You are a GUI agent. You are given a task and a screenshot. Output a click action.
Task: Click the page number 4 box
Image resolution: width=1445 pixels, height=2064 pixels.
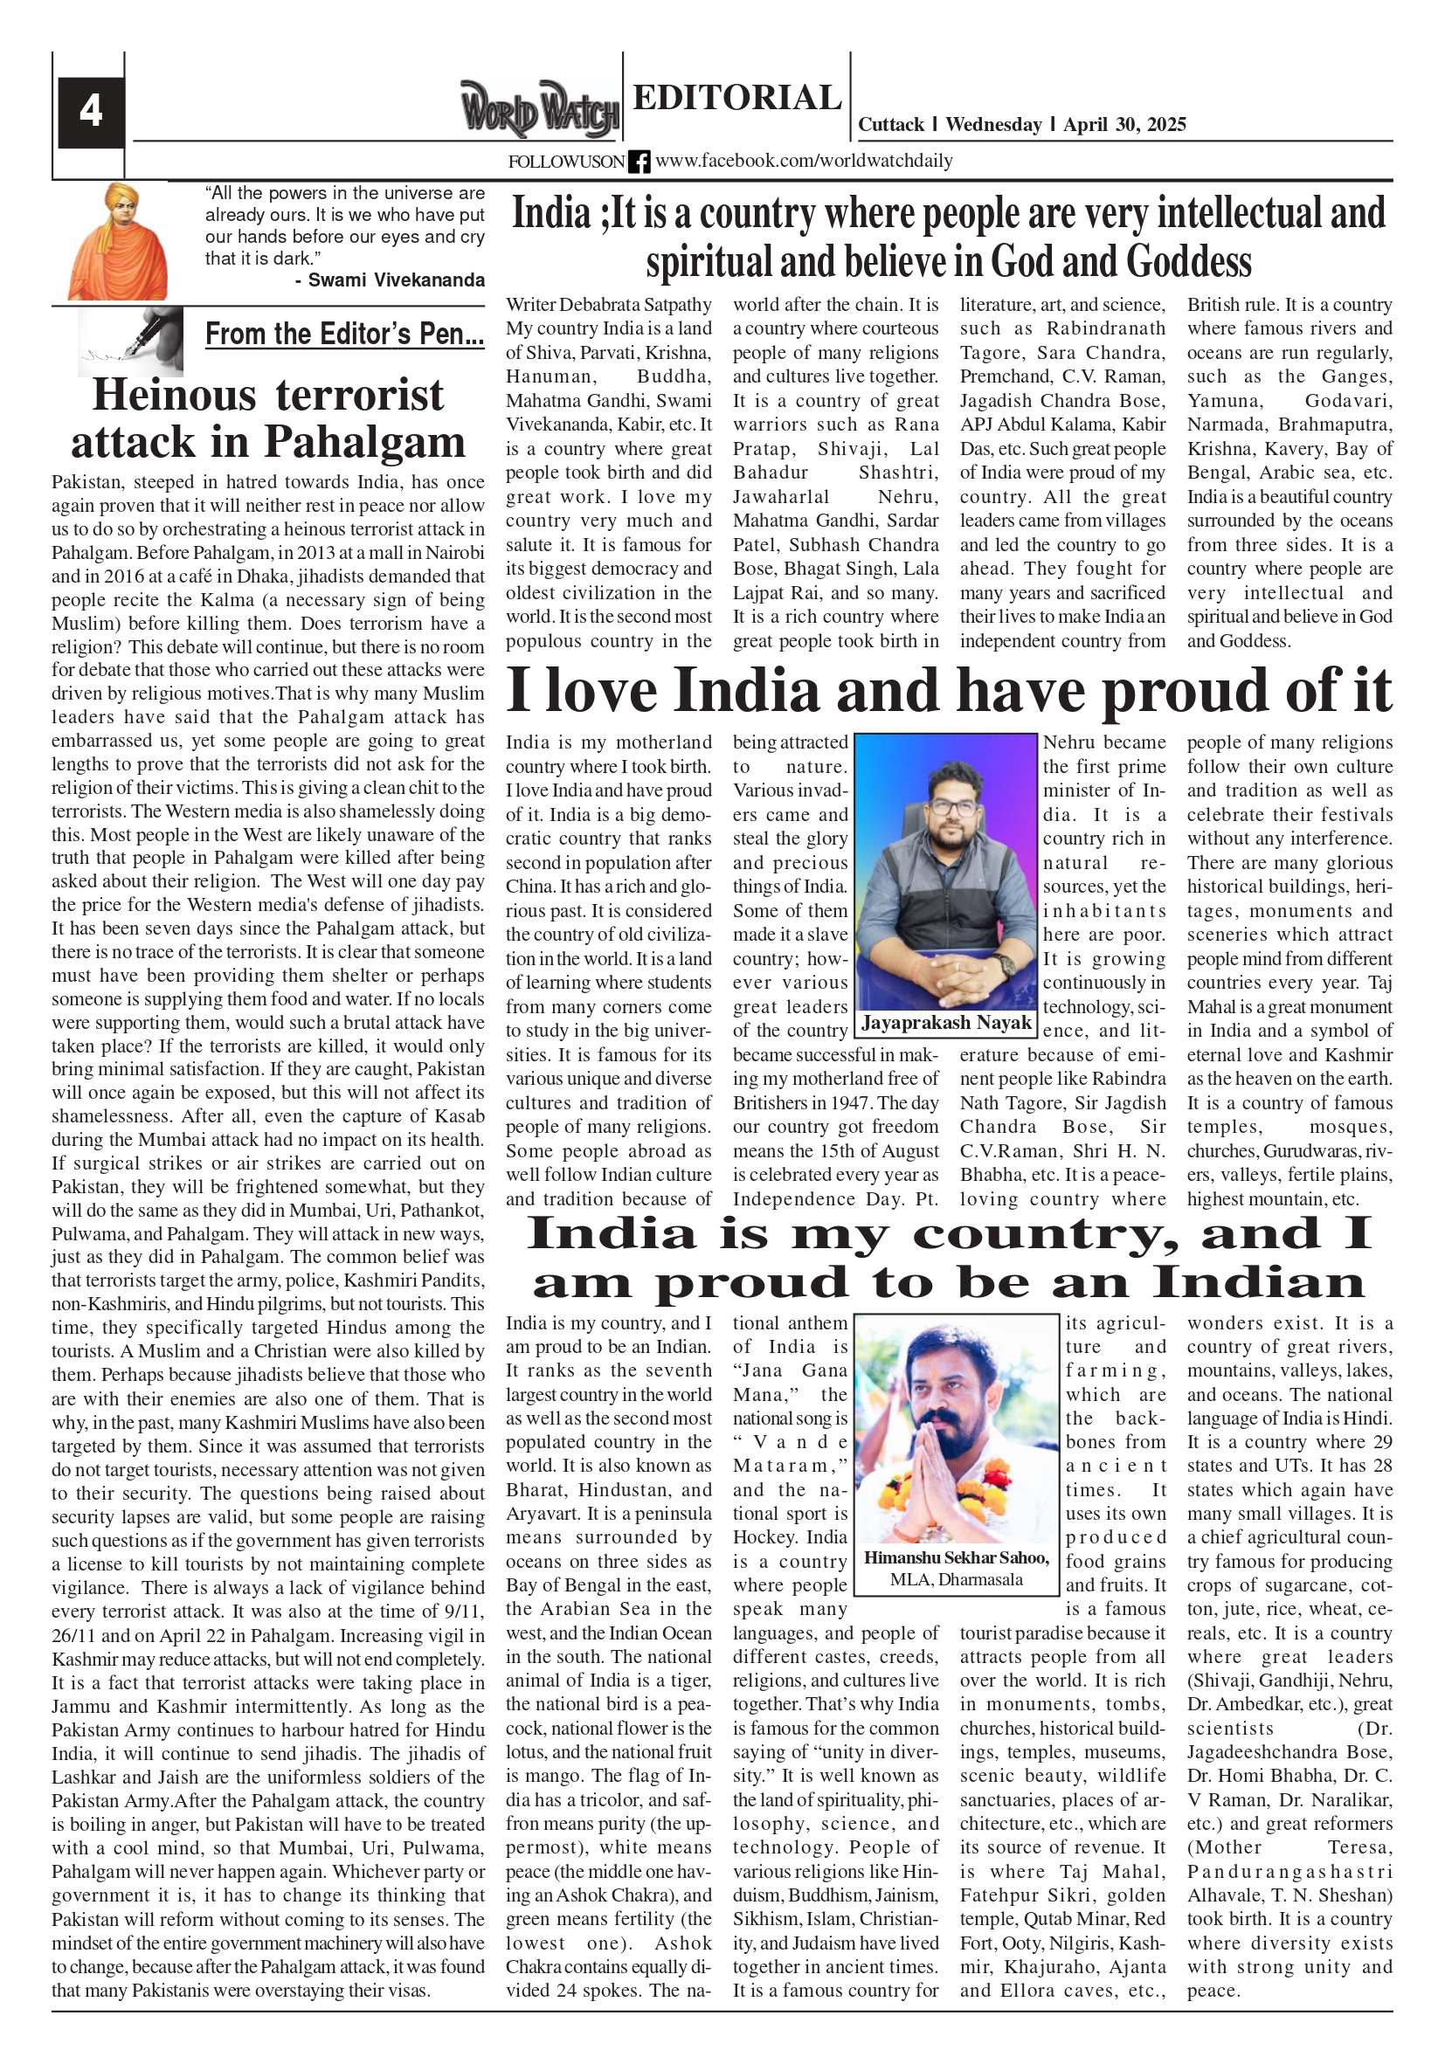(90, 112)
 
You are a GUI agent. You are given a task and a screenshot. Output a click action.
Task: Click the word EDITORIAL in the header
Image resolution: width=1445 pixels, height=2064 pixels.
(736, 97)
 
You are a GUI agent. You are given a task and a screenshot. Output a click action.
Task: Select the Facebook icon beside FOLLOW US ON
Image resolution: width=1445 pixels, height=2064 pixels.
(639, 162)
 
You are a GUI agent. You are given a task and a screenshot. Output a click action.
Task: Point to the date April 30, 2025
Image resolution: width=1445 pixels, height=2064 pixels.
(1124, 124)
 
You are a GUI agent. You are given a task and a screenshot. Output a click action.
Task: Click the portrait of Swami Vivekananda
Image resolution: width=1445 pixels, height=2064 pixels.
(117, 241)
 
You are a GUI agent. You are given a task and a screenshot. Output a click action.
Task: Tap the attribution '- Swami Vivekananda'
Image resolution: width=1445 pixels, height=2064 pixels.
(390, 280)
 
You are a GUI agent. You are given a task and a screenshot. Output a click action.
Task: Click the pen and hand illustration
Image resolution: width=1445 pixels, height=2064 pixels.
(130, 340)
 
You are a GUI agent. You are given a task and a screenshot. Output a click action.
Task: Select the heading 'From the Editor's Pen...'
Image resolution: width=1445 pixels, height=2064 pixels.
(344, 335)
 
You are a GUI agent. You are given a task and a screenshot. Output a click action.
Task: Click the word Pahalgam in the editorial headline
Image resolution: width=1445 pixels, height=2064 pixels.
(364, 441)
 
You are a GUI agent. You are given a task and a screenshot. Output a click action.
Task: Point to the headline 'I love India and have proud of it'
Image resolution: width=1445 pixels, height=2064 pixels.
(949, 690)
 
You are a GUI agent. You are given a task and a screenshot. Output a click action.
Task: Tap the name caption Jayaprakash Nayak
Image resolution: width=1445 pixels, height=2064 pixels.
(946, 1022)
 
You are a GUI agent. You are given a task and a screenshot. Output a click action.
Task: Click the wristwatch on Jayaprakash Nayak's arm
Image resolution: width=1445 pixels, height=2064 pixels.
(1006, 964)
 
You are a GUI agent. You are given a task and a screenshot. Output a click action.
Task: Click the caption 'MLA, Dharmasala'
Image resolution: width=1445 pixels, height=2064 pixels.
(956, 1579)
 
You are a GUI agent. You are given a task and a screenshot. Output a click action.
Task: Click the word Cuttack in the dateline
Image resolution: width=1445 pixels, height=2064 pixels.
(890, 124)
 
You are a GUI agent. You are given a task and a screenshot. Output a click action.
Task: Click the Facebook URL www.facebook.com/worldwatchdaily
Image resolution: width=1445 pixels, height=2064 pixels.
(804, 161)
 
